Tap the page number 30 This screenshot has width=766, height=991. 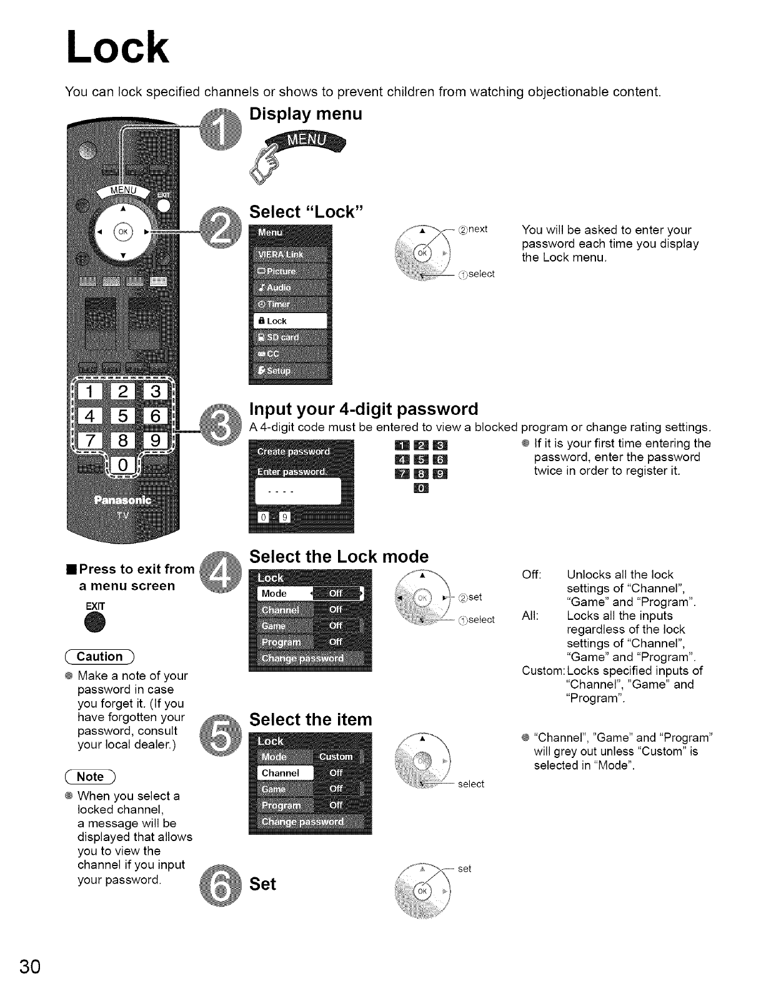click(x=31, y=966)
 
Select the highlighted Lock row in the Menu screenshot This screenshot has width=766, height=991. click(x=291, y=321)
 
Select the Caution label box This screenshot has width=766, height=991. click(x=101, y=657)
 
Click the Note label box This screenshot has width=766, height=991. click(x=91, y=777)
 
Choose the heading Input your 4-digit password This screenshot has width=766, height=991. click(x=364, y=409)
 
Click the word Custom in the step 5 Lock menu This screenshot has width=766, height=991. click(x=336, y=757)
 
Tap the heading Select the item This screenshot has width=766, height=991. click(x=311, y=720)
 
